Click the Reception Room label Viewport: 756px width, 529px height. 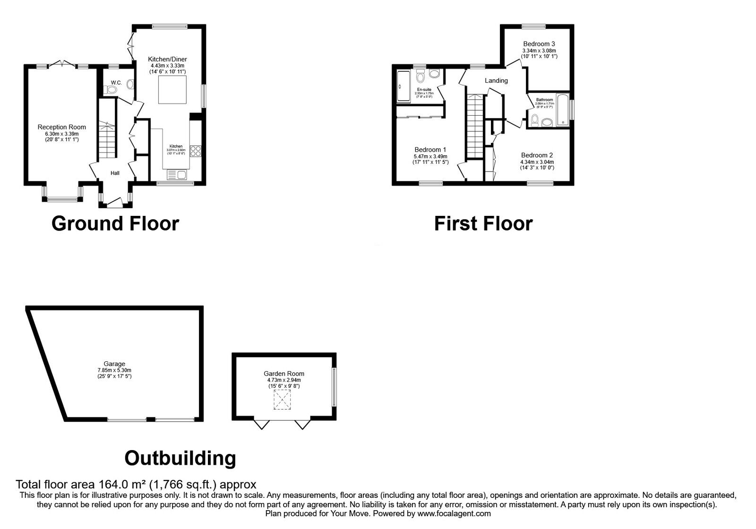click(x=62, y=127)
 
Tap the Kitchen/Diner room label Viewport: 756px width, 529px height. click(x=168, y=59)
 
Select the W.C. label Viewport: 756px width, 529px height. click(x=116, y=83)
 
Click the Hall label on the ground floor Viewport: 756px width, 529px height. click(x=115, y=173)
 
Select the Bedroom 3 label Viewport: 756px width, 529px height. click(x=539, y=44)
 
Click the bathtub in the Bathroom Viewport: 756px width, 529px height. click(x=563, y=110)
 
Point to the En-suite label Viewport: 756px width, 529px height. click(x=424, y=89)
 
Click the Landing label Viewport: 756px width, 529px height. click(x=496, y=80)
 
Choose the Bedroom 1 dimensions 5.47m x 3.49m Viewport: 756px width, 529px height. click(x=430, y=156)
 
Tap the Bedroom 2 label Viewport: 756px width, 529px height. click(x=537, y=155)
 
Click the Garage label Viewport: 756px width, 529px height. click(x=114, y=364)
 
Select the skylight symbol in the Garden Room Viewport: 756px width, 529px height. click(x=282, y=400)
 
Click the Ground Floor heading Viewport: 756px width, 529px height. click(x=115, y=223)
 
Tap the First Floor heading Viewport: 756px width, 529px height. click(x=483, y=223)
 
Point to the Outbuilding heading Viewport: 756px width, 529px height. click(x=180, y=458)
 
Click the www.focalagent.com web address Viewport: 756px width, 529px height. click(x=454, y=513)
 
